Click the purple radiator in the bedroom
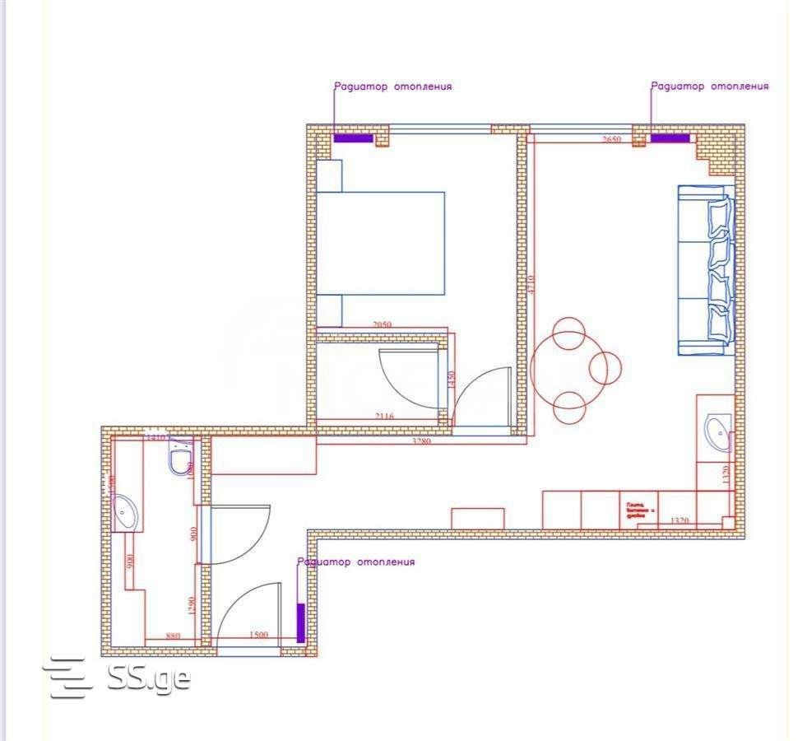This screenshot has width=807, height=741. coord(353,137)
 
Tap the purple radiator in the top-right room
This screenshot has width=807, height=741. coord(670,137)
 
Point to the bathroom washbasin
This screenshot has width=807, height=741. coord(126,512)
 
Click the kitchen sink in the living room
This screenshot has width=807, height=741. coord(717,433)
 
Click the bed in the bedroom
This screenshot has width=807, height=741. coord(380,243)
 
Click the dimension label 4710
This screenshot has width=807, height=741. coord(531,286)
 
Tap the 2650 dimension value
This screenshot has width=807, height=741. coord(611,140)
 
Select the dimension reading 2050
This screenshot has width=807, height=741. coord(383,325)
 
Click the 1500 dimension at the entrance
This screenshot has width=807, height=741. coord(258,635)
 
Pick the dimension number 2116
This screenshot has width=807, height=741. coord(383,417)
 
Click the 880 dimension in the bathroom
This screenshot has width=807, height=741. coord(173,635)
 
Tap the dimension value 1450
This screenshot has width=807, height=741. coord(450,380)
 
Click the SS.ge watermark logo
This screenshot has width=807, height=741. coord(120,678)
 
